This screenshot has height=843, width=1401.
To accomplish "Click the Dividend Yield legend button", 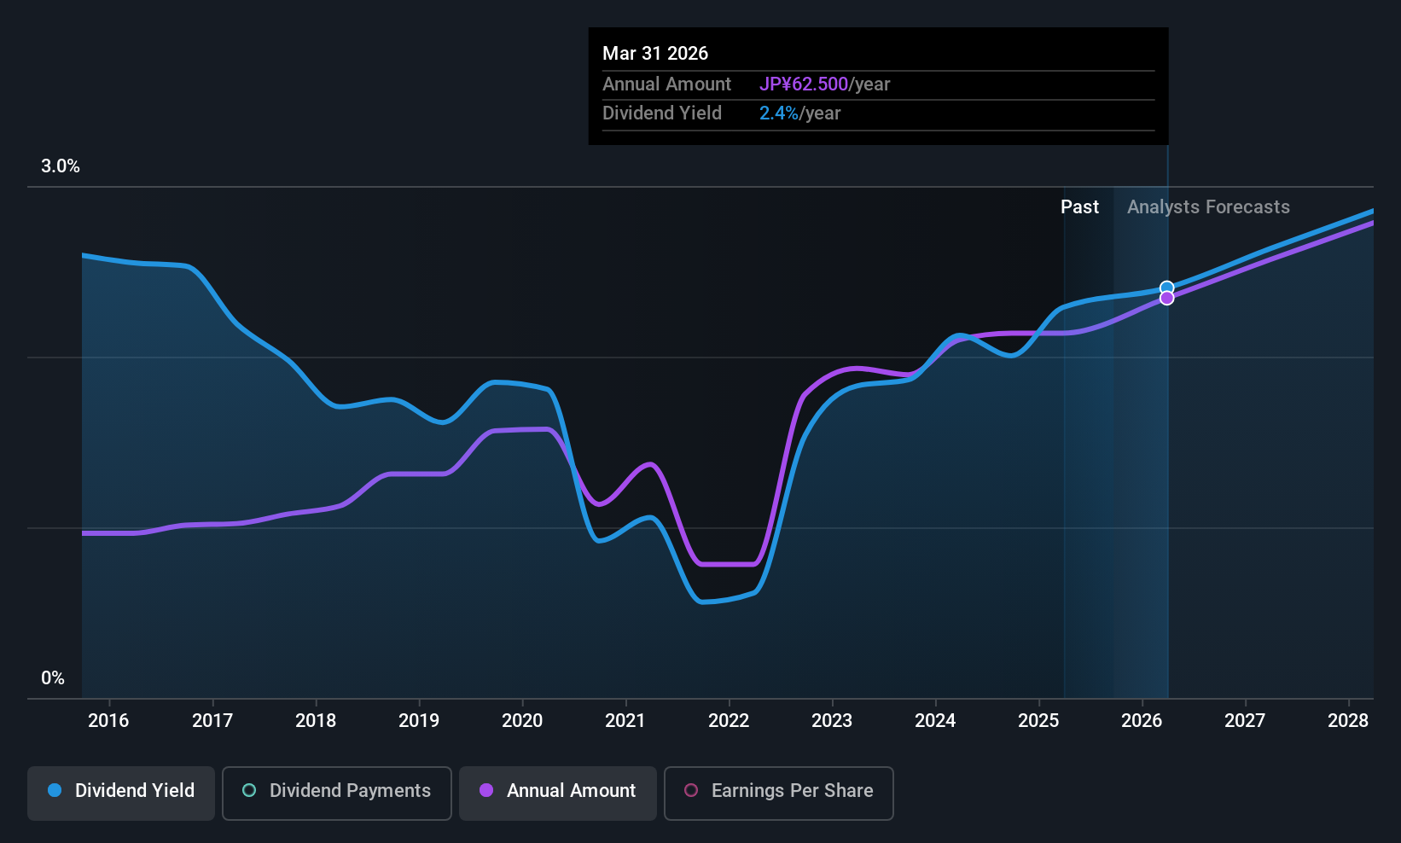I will (121, 791).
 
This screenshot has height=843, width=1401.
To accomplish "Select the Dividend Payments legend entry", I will (336, 791).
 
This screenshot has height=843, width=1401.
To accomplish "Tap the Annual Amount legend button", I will (558, 791).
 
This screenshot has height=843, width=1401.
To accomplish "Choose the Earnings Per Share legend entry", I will (778, 791).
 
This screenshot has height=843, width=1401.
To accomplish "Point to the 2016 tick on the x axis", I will (108, 721).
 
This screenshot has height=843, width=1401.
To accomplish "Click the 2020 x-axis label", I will (522, 721).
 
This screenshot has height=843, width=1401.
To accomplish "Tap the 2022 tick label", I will (729, 721).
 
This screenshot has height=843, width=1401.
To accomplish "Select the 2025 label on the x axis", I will (1038, 721).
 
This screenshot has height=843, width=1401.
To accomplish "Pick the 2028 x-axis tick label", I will (1348, 721).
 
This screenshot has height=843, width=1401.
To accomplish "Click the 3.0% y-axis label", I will (61, 166).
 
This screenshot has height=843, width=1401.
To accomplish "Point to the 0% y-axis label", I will (53, 678).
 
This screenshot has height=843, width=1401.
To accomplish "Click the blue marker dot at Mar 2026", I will (1166, 288).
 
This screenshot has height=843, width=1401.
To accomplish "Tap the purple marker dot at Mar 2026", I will (1166, 299).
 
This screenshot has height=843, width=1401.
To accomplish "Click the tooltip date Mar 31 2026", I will (655, 54).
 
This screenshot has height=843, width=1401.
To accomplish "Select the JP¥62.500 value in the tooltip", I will (804, 84).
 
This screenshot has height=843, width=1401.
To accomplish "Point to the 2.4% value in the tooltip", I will (779, 113).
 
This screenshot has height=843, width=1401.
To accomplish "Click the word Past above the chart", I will (1079, 207).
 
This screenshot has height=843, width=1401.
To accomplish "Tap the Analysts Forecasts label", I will (1208, 207).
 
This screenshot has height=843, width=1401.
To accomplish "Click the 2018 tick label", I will (316, 721).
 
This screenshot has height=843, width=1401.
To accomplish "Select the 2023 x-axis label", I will (832, 721).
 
